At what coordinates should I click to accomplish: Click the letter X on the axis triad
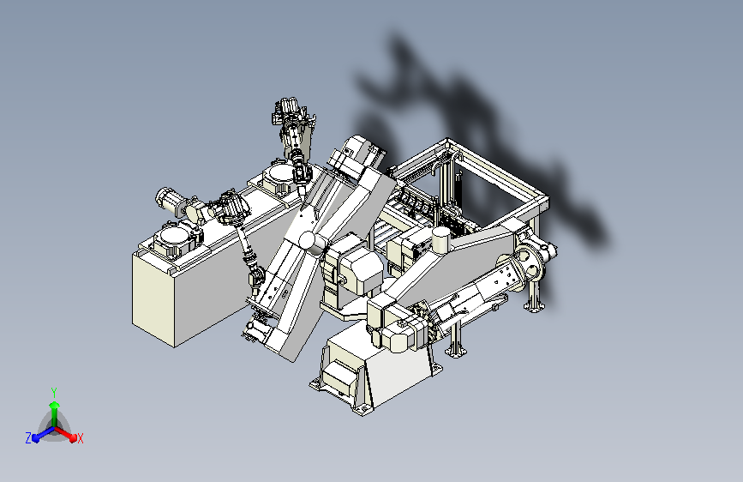point(80,439)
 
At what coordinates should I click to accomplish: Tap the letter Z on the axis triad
point(28,438)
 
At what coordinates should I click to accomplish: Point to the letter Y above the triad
point(54,393)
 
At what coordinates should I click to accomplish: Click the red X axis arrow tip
point(73,437)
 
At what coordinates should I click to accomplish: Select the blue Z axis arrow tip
point(36,438)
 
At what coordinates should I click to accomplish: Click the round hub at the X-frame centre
point(310,242)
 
